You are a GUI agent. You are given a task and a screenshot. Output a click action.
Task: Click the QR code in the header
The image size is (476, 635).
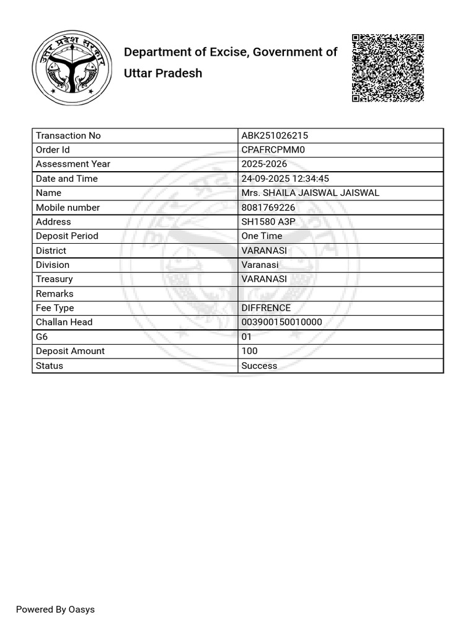pyautogui.click(x=388, y=67)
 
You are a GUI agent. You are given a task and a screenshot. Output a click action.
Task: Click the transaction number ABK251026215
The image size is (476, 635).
pyautogui.click(x=275, y=136)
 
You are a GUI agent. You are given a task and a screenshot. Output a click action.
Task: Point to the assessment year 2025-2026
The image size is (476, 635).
pyautogui.click(x=264, y=164)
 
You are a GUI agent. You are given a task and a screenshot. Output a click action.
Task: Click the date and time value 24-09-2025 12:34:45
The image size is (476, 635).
pyautogui.click(x=285, y=179)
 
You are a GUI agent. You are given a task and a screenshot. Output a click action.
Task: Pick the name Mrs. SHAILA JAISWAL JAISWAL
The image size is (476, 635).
pyautogui.click(x=310, y=193)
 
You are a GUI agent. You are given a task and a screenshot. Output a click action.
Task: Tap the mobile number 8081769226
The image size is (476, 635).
pyautogui.click(x=268, y=208)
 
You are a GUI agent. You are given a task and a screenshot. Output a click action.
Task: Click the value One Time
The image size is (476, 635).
pyautogui.click(x=262, y=236)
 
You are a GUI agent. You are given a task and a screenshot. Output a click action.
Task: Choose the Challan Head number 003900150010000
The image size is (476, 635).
pyautogui.click(x=281, y=322)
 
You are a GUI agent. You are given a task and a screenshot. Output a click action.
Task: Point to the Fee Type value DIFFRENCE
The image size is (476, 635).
pyautogui.click(x=266, y=308)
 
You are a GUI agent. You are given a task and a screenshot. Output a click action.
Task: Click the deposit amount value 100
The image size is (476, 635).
pyautogui.click(x=249, y=351)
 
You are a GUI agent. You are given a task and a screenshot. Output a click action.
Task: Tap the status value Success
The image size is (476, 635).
pyautogui.click(x=259, y=366)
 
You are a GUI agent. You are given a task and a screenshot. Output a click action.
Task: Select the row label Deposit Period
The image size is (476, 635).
pyautogui.click(x=67, y=236)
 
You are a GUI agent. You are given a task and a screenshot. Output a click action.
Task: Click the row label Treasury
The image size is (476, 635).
pyautogui.click(x=54, y=279)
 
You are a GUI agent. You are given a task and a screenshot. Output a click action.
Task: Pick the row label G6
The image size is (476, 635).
pyautogui.click(x=42, y=337)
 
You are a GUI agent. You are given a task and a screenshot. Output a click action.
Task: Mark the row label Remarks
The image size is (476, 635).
pyautogui.click(x=55, y=294)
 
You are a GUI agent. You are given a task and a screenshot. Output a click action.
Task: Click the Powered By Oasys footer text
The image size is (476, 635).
pyautogui.click(x=55, y=610)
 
